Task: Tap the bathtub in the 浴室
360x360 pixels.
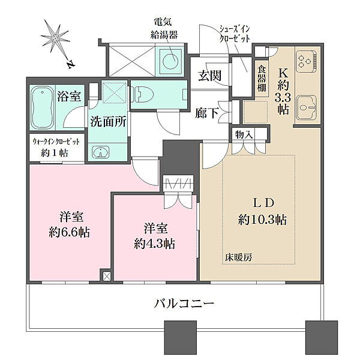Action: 43,107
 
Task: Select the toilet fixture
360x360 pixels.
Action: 142,95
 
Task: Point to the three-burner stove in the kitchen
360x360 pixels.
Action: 306,59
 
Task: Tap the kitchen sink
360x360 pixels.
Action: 306,107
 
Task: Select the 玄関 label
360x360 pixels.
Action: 209,76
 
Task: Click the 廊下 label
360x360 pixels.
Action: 206,113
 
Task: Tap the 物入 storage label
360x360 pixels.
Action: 244,135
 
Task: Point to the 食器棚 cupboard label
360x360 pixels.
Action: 262,79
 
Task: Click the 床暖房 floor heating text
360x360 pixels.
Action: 238,257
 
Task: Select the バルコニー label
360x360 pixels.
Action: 184,304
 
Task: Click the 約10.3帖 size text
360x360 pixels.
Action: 262,220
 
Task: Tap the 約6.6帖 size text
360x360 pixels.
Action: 70,232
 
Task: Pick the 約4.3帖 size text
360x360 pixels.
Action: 155,244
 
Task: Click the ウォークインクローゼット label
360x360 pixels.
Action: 56,142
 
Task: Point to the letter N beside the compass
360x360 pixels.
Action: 71,65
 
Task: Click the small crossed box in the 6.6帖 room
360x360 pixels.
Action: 107,276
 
